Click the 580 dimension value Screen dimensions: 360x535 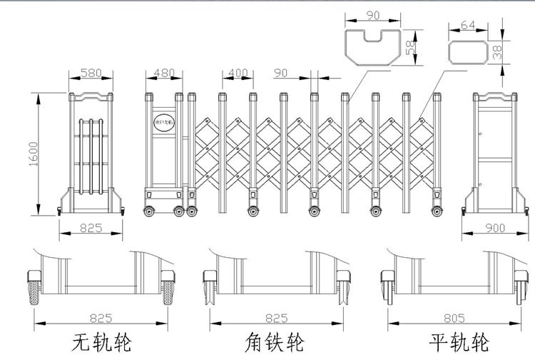pos(90,73)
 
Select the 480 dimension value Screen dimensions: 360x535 pos(165,73)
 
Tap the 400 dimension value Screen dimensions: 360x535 pos(239,73)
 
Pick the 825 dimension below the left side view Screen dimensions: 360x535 pos(90,228)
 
